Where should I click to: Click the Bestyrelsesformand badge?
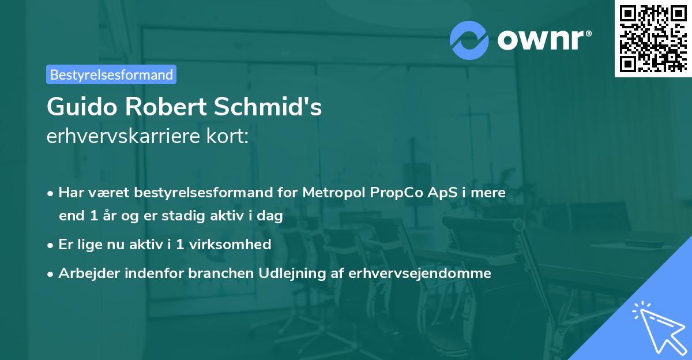coord(111,74)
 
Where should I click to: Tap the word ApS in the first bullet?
coord(440,193)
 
